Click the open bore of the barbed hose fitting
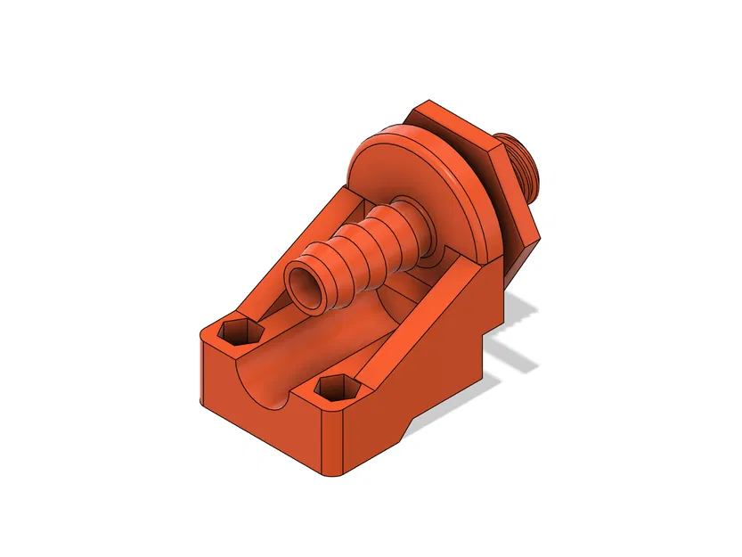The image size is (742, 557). pos(305,287)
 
